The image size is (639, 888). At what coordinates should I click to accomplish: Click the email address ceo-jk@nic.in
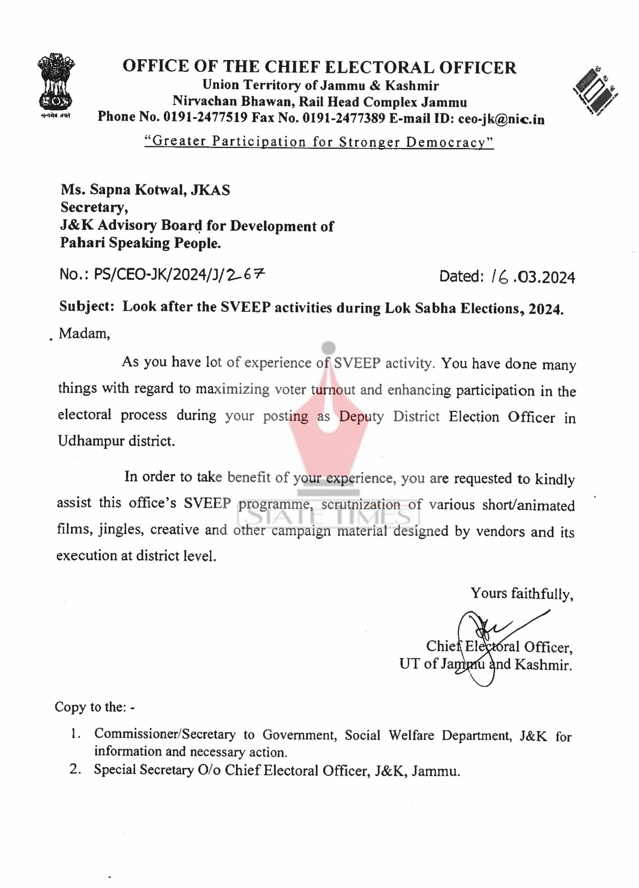[501, 119]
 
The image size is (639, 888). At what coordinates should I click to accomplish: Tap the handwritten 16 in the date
[499, 277]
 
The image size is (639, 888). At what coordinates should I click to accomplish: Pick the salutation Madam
[84, 334]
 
